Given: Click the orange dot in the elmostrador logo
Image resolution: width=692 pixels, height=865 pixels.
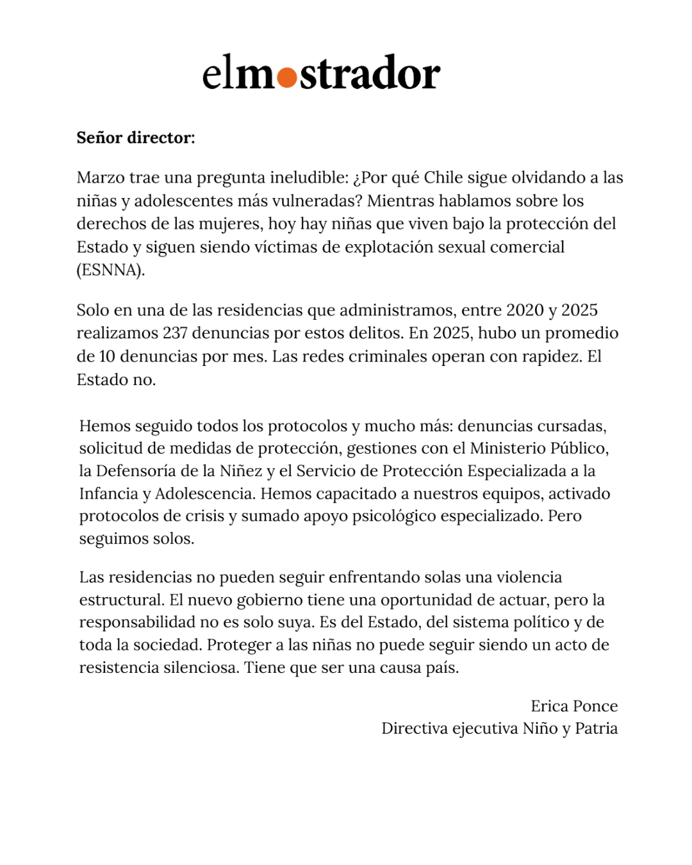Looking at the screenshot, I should click(287, 78).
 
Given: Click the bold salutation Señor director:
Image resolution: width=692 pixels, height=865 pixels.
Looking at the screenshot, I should click(135, 138).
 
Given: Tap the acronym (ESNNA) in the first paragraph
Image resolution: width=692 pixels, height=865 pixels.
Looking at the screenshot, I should click(110, 270).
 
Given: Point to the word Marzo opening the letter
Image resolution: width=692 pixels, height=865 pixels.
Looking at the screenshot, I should click(100, 177).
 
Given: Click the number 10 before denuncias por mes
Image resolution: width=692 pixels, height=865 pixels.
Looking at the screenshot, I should click(106, 356).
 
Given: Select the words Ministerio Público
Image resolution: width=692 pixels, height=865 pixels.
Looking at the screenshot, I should click(538, 449).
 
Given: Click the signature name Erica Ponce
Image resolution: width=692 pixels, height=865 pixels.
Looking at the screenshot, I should click(573, 706).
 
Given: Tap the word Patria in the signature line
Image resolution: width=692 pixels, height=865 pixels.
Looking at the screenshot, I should click(596, 729).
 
